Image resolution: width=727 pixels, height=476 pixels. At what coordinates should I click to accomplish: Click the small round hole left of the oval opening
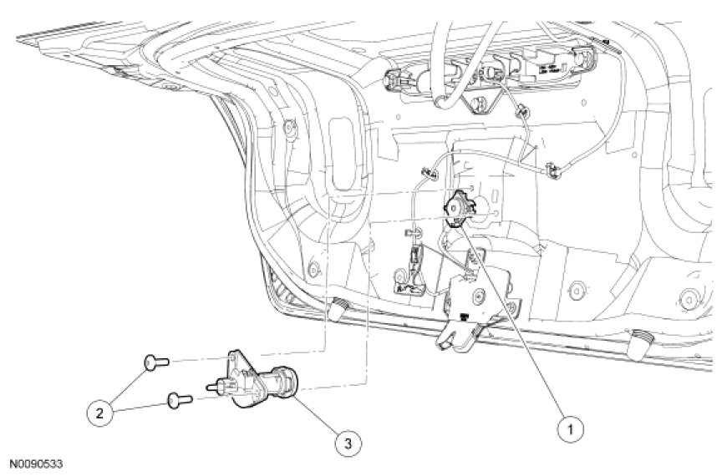tap(291, 129)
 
